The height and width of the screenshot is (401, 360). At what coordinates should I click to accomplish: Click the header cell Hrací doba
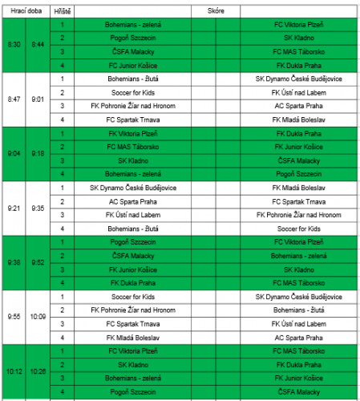[x=26, y=13]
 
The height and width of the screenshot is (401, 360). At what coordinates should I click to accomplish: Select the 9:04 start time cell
[x=14, y=153]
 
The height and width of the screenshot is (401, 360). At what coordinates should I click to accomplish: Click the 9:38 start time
[x=14, y=262]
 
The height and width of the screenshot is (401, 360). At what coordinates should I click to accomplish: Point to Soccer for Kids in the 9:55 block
[x=123, y=296]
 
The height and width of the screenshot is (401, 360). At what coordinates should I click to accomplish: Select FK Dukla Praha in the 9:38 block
[x=123, y=283]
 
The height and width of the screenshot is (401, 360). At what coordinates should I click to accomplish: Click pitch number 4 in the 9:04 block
[x=62, y=173]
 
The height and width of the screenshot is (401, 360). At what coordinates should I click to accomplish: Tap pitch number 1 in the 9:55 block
[x=62, y=296]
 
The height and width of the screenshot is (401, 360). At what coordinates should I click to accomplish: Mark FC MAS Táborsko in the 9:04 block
[x=123, y=147]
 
